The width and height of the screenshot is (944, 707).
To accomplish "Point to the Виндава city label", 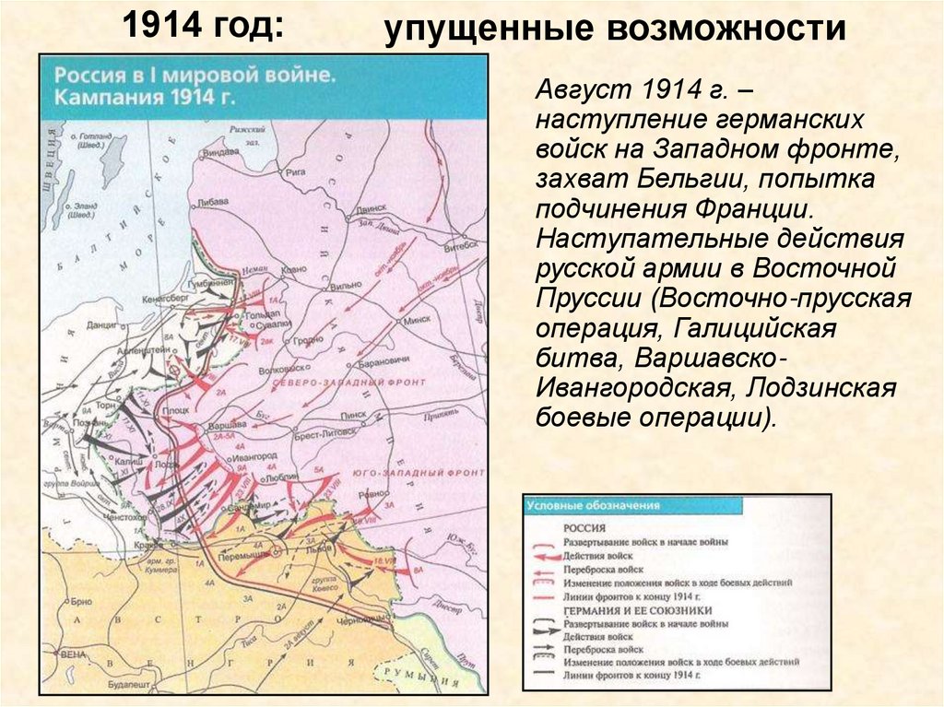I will tap(220, 150).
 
